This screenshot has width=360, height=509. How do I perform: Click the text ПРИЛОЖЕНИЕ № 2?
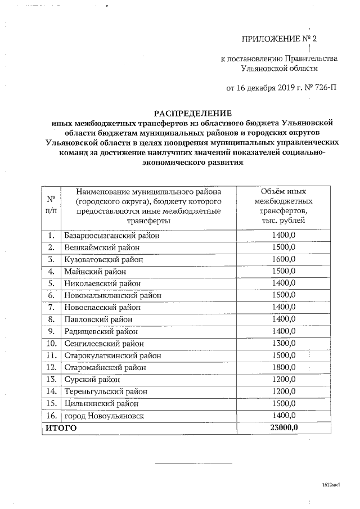(x=279, y=39)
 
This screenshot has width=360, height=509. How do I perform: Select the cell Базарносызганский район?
(x=111, y=235)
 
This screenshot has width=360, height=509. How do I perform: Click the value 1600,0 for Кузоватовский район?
(x=283, y=259)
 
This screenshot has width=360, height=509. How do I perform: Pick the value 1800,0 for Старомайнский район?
(x=283, y=367)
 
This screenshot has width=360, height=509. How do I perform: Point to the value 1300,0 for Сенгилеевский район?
(x=283, y=343)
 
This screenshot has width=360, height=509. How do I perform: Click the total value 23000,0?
(x=283, y=428)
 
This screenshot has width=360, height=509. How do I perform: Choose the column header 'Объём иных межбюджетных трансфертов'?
(x=283, y=206)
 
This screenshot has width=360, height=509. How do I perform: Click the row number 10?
(x=51, y=343)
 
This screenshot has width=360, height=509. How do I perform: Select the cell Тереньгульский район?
(x=105, y=391)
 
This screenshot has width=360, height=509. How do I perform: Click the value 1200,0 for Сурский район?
(x=283, y=379)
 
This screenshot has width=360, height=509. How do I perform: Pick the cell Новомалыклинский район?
(x=112, y=295)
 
